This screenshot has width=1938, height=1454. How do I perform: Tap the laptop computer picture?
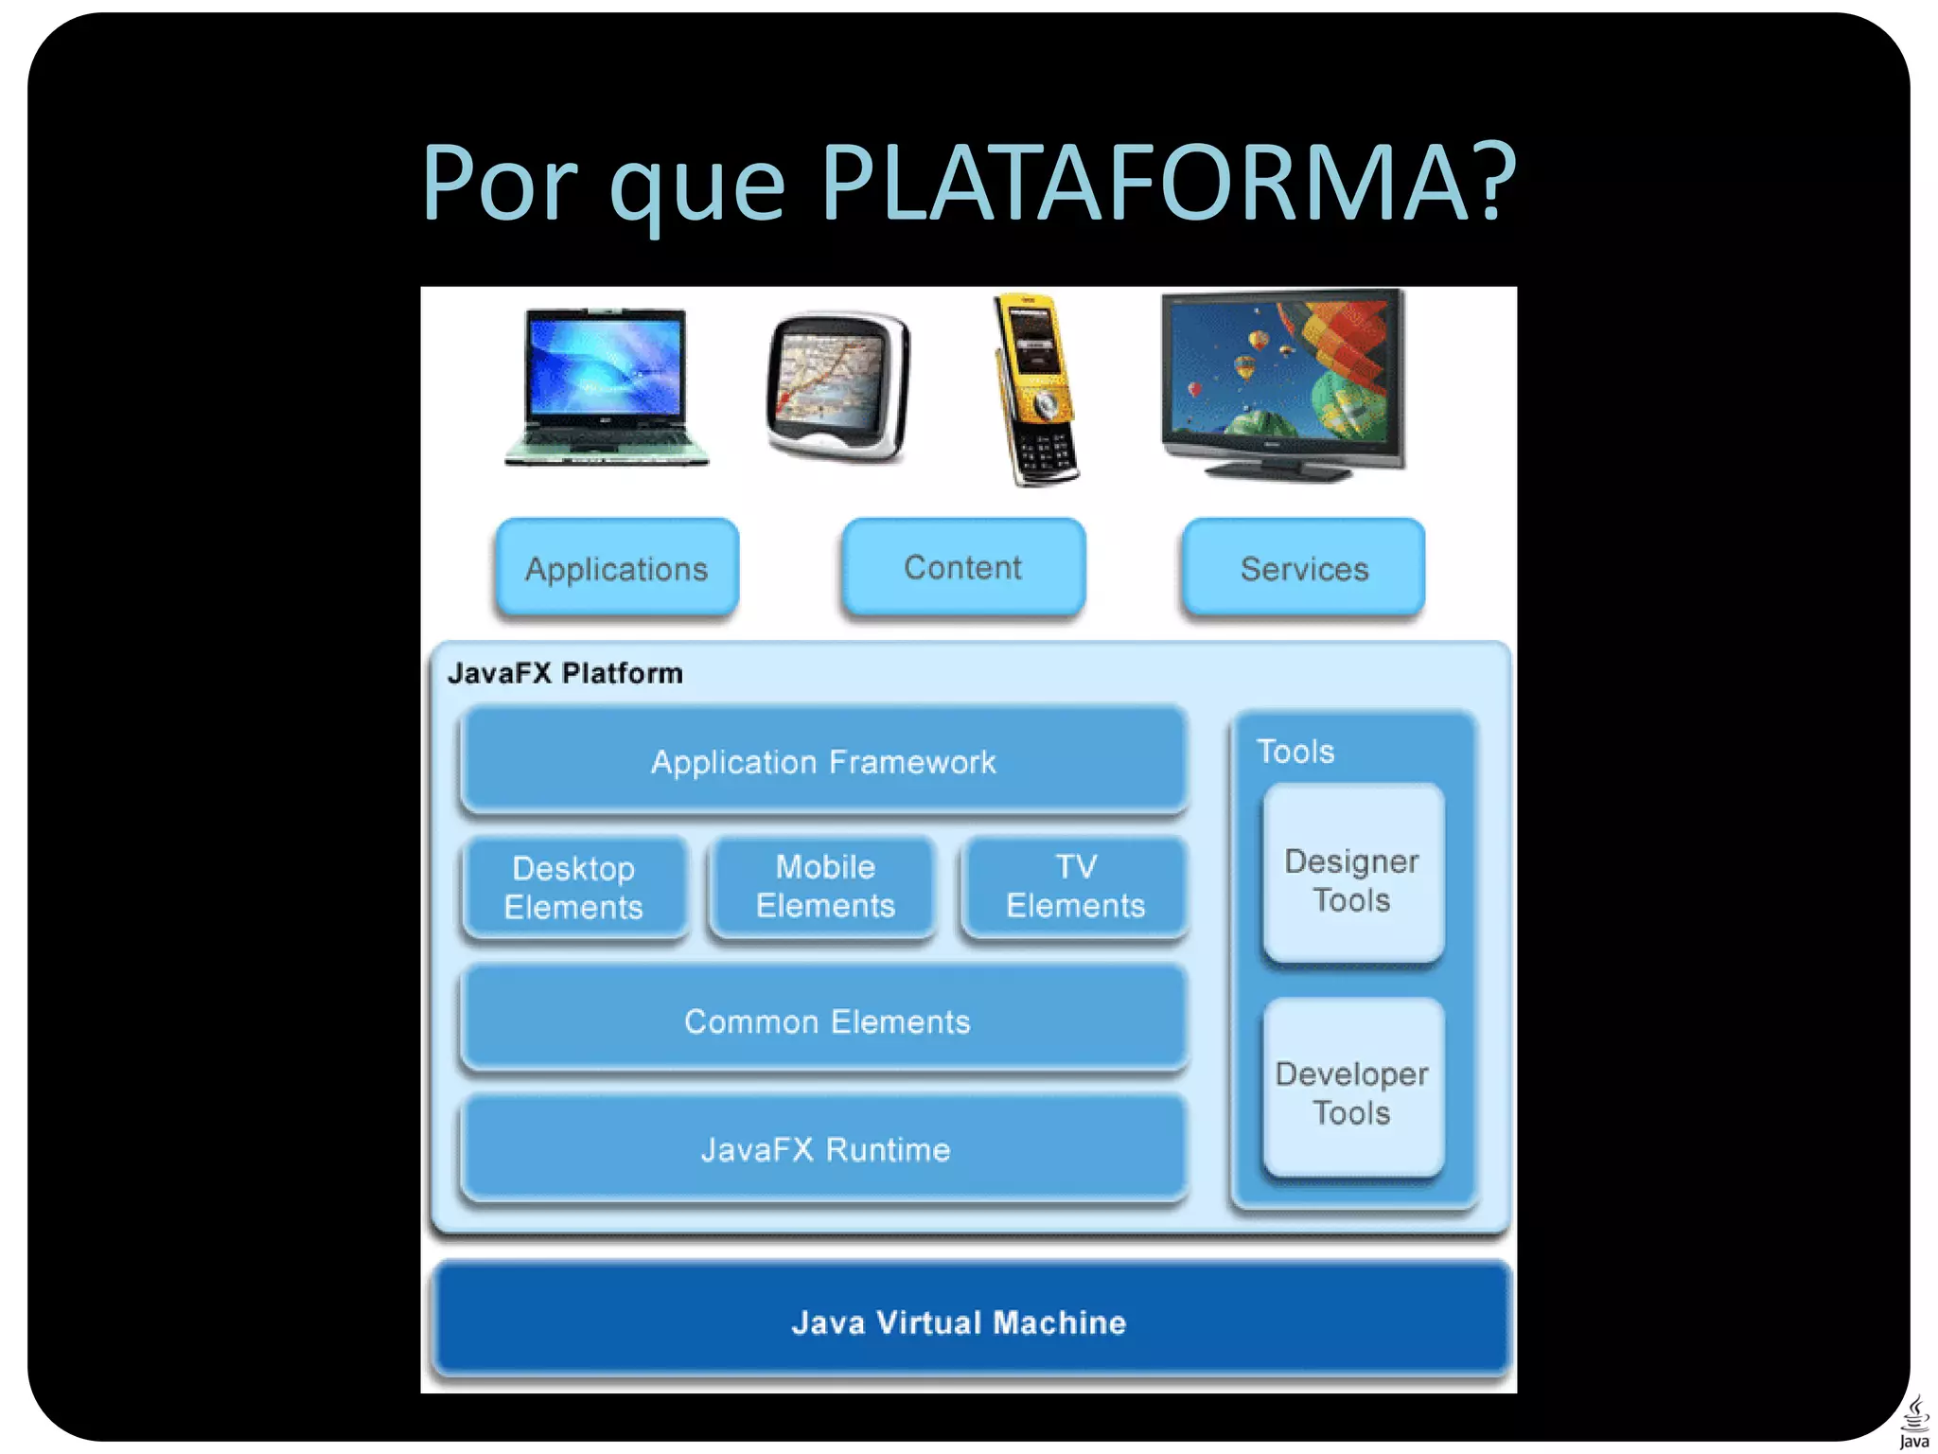coord(607,387)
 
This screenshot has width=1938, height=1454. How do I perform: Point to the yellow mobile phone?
coord(1036,390)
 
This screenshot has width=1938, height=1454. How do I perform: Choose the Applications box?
coord(617,568)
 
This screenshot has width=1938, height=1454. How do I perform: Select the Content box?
coord(963,567)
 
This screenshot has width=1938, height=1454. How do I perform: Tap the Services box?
coord(1304,568)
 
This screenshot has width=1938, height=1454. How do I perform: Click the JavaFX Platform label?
coord(565,673)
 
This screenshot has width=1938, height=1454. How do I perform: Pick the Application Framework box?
coord(823,761)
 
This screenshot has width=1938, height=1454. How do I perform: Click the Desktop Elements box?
coord(574,887)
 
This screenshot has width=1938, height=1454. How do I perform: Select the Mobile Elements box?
coord(825,886)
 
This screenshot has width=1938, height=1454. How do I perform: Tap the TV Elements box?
coord(1075,886)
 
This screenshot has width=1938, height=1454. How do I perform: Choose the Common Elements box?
coord(825,1020)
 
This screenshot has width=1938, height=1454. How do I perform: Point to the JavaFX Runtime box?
coord(825,1148)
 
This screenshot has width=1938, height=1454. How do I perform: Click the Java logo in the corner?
coord(1913,1422)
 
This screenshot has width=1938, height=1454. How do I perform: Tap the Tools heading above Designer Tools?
coord(1295,752)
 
